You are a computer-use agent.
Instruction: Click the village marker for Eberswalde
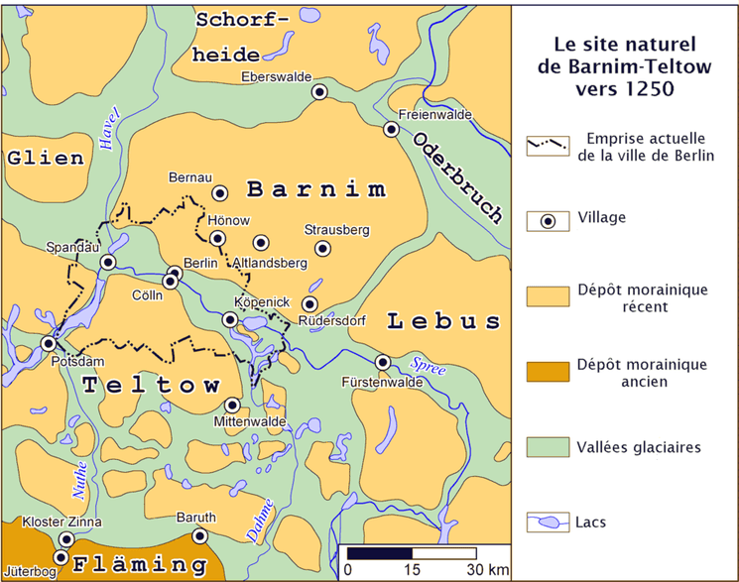coord(319,91)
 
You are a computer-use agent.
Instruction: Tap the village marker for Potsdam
coord(48,343)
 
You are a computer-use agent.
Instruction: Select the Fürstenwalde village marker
coord(383,362)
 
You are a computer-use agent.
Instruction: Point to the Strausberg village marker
coord(321,248)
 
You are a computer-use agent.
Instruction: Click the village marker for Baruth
coord(199,536)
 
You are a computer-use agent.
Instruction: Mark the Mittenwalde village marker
coord(232,405)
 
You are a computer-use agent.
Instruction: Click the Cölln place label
coord(146,294)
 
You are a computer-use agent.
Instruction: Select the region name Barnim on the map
coord(315,188)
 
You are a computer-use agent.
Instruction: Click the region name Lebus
coord(443,320)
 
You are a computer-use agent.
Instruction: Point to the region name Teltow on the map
coord(151,384)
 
